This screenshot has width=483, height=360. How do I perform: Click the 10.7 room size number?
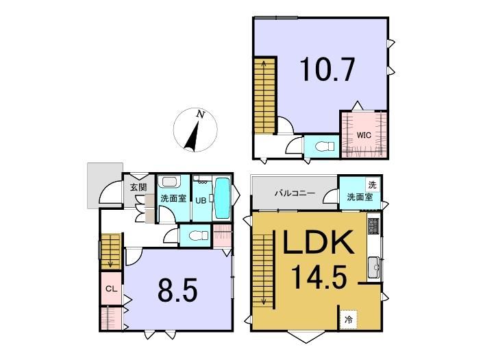327,70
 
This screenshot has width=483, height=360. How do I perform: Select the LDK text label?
318,242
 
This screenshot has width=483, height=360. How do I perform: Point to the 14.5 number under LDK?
319,278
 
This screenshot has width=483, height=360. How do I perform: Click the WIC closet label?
364,135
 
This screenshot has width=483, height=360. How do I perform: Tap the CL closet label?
111,289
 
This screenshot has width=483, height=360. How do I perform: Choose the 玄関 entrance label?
138,187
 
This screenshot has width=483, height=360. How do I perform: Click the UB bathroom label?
201,201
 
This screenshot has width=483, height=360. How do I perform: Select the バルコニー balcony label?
295,193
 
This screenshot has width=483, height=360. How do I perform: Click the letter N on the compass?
201,115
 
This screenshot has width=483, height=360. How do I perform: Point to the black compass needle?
192,137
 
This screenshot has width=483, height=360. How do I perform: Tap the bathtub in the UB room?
222,198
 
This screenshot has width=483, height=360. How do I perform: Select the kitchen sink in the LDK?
374,267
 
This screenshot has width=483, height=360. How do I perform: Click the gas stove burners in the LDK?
373,226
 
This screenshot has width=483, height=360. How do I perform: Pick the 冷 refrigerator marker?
349,320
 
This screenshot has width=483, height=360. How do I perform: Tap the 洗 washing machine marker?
373,185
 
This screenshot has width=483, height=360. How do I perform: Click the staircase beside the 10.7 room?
264,95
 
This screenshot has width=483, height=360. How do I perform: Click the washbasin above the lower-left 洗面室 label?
169,182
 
